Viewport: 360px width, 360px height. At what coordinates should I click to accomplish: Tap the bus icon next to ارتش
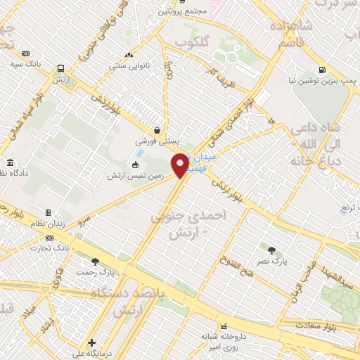click(x=61, y=69)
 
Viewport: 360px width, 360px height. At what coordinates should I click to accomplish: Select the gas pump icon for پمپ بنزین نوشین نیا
click(x=322, y=70)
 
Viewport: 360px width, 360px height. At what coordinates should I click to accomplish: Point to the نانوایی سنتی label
click(x=127, y=66)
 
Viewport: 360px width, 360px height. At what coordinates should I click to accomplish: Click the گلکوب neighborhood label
click(x=192, y=43)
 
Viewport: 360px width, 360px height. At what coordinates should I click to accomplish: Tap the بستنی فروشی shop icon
click(x=157, y=130)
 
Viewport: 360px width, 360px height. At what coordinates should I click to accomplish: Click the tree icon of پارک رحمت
click(x=95, y=262)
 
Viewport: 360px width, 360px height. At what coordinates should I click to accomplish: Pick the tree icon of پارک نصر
click(x=271, y=250)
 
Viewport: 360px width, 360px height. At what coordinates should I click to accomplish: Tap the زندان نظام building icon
click(x=48, y=212)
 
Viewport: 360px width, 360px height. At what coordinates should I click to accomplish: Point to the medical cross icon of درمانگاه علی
click(x=91, y=343)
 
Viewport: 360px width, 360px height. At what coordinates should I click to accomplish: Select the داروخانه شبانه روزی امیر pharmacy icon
click(x=224, y=326)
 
